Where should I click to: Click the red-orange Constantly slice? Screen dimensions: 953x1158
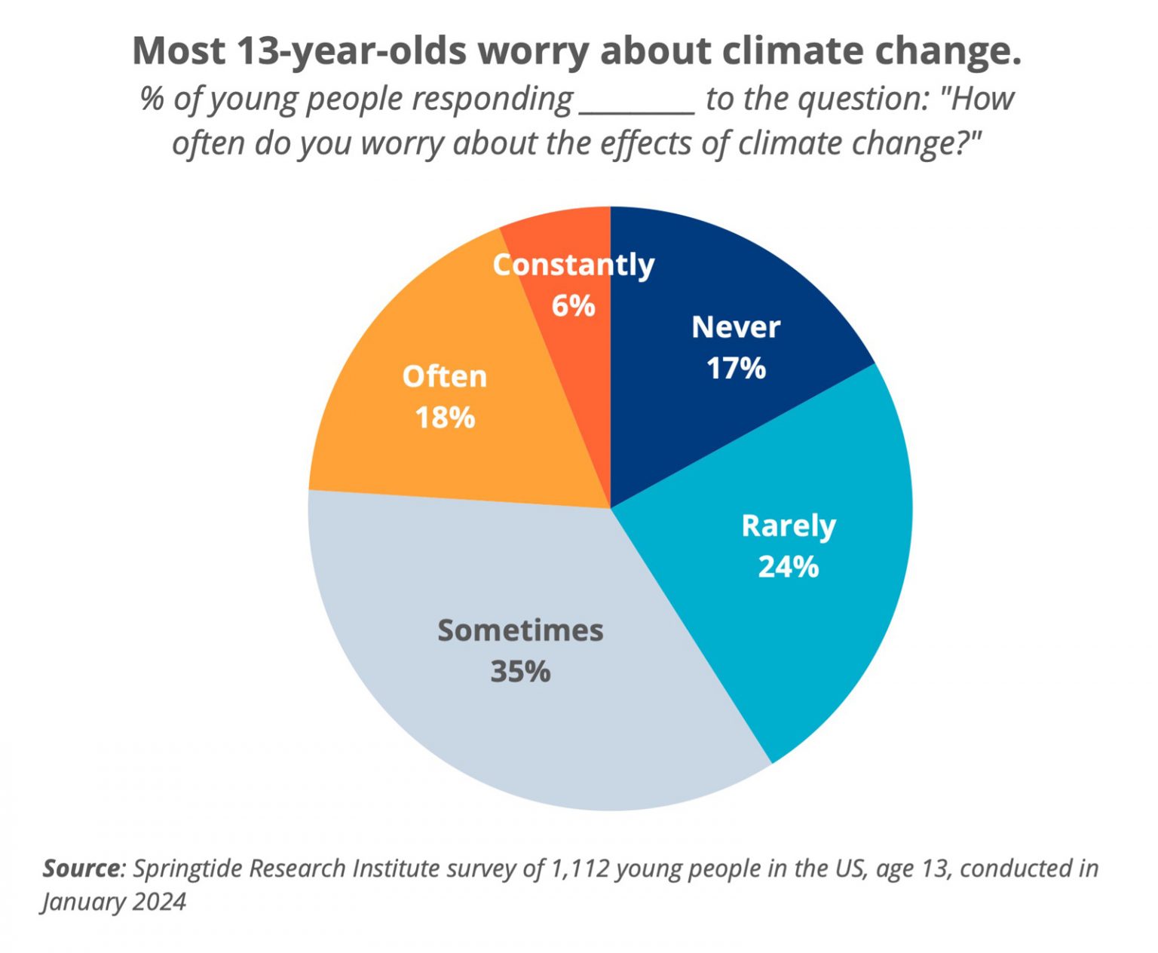tap(581, 234)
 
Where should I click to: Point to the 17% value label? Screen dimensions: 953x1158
tap(736, 369)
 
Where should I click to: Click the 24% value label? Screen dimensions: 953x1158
tap(788, 567)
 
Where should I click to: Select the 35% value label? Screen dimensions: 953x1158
tap(520, 672)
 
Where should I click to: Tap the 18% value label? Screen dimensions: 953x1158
tap(445, 418)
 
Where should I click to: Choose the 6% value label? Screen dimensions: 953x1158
tap(573, 306)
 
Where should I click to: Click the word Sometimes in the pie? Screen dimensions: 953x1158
tap(520, 630)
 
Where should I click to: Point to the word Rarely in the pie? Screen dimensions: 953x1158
tap(789, 526)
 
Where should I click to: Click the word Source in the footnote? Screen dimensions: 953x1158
tap(81, 869)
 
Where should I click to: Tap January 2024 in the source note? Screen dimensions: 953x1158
tap(114, 902)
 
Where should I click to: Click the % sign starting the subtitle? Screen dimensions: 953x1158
tap(152, 99)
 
